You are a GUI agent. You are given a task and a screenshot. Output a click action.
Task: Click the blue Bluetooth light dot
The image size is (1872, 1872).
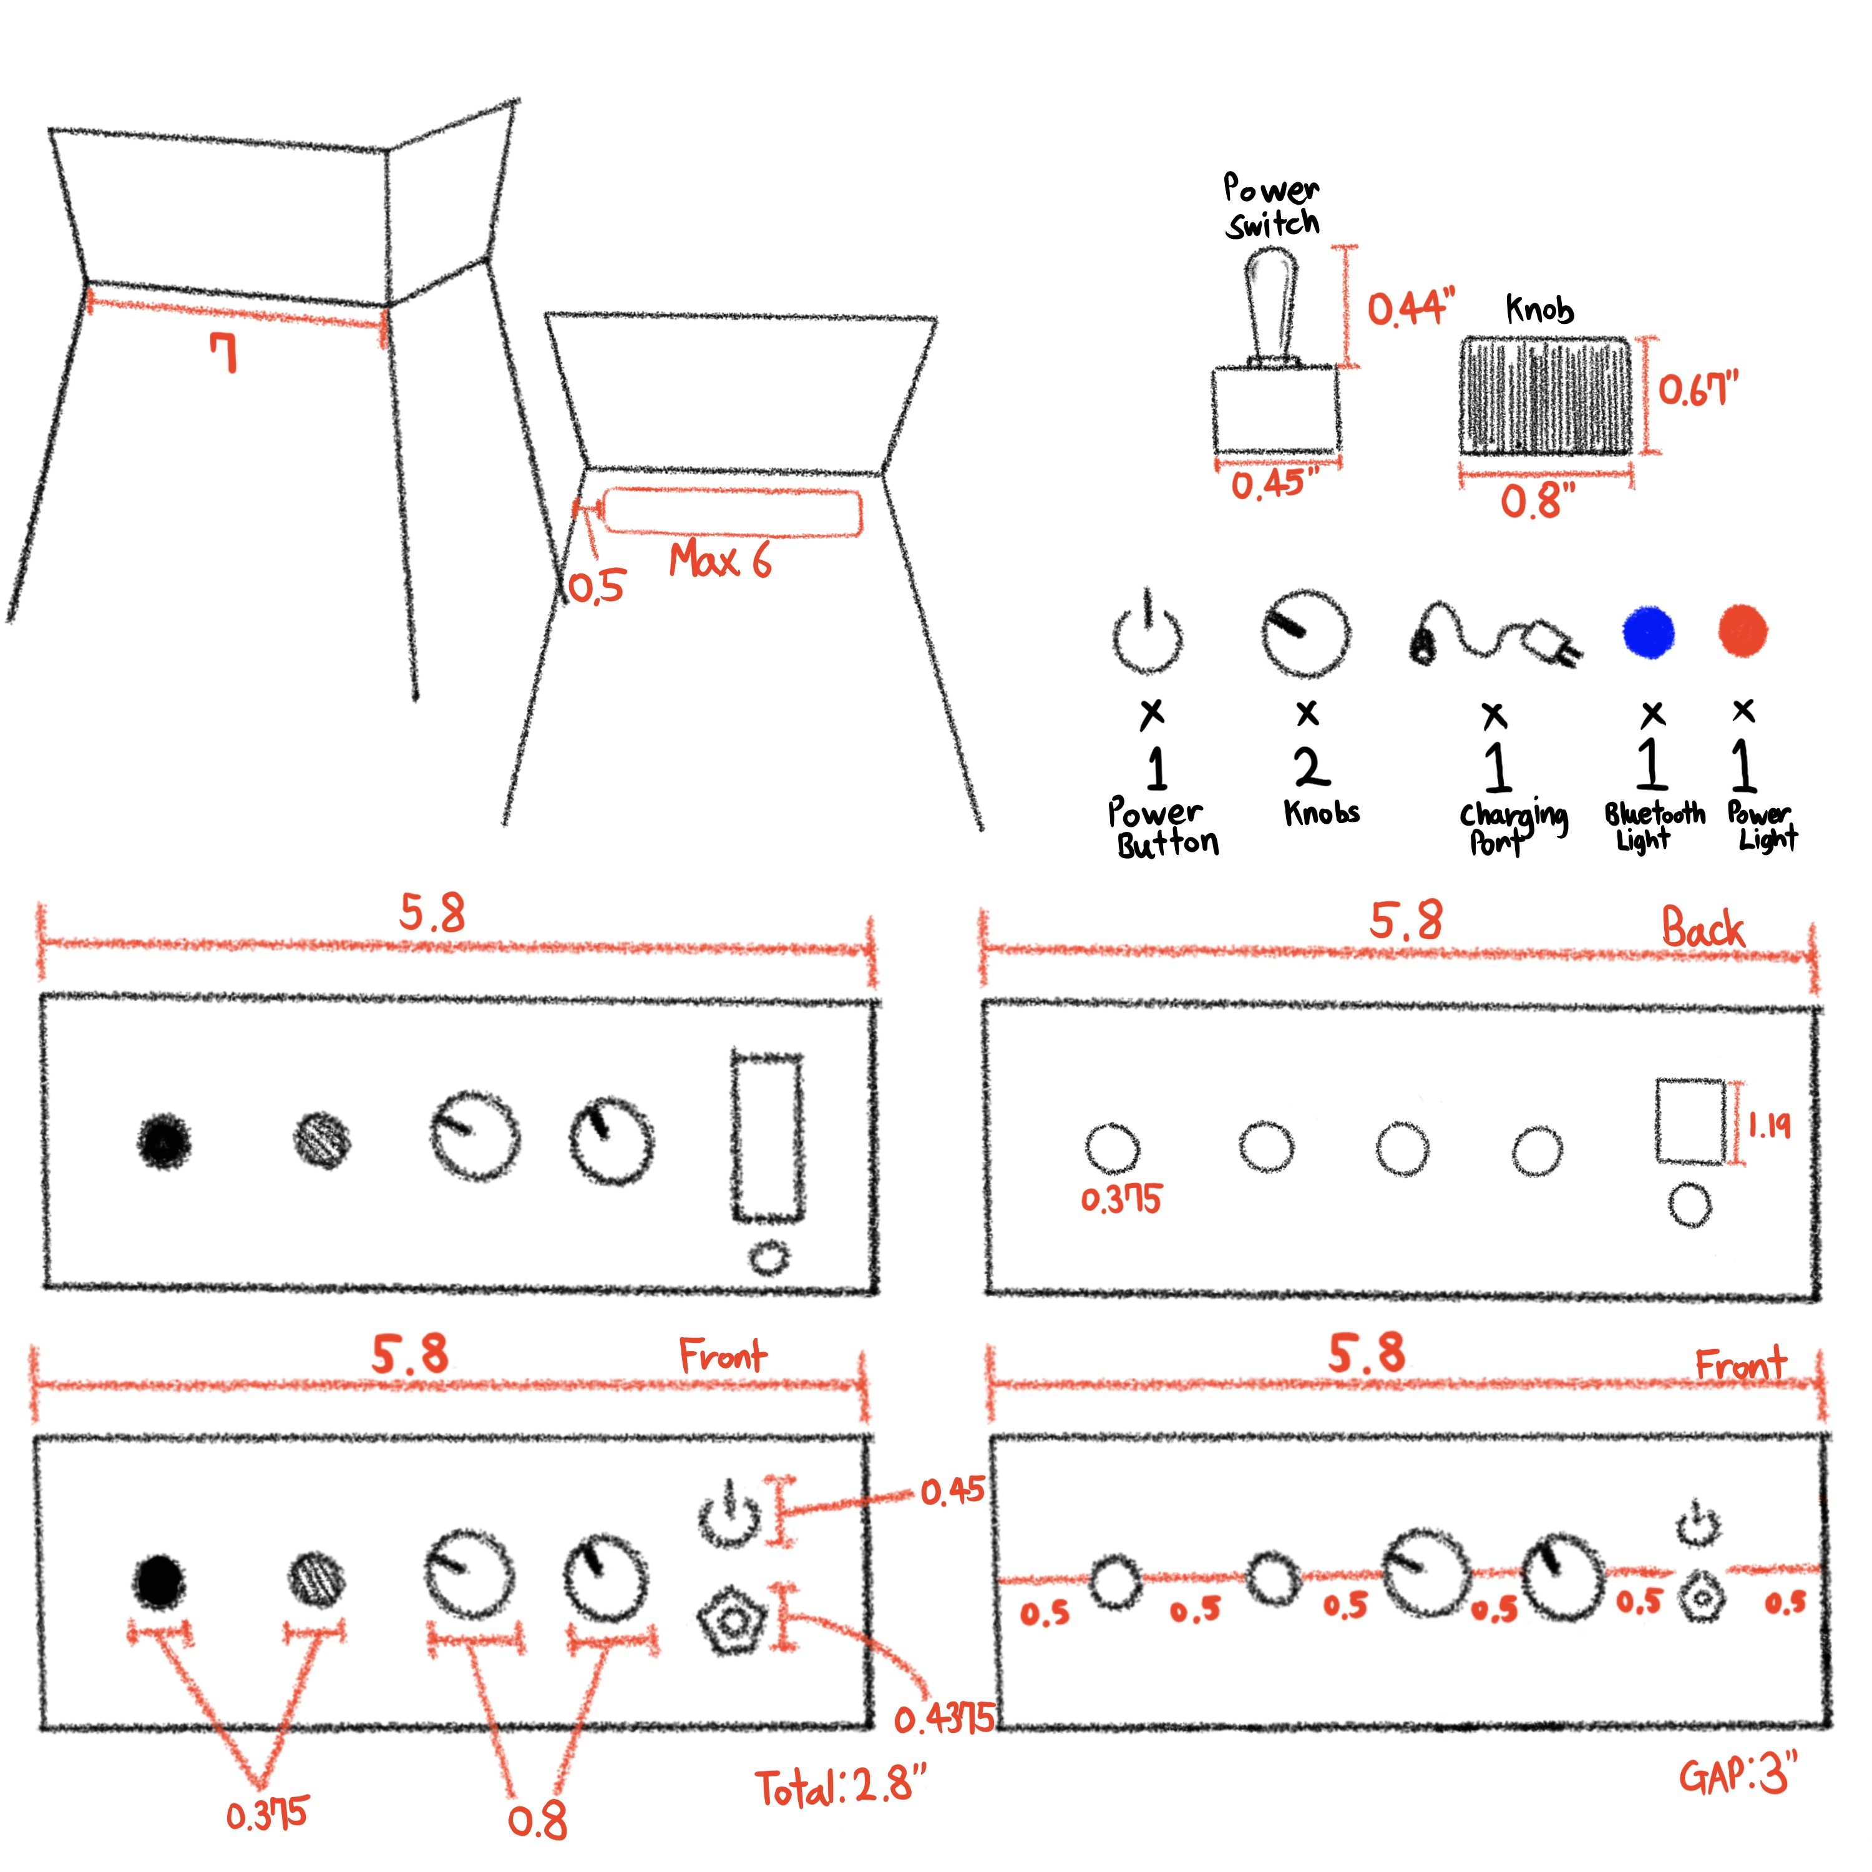[x=1648, y=633]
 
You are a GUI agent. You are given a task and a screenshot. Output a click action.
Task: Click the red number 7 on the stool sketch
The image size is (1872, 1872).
[x=225, y=353]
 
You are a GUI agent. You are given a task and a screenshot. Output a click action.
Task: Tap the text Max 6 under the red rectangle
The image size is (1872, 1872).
[x=720, y=560]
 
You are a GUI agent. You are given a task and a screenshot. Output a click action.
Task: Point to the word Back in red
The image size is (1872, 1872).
[x=1702, y=929]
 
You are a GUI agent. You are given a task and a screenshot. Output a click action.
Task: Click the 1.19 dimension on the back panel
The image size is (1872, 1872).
[x=1769, y=1125]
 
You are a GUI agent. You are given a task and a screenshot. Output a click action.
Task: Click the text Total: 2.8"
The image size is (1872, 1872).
[x=841, y=1788]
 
